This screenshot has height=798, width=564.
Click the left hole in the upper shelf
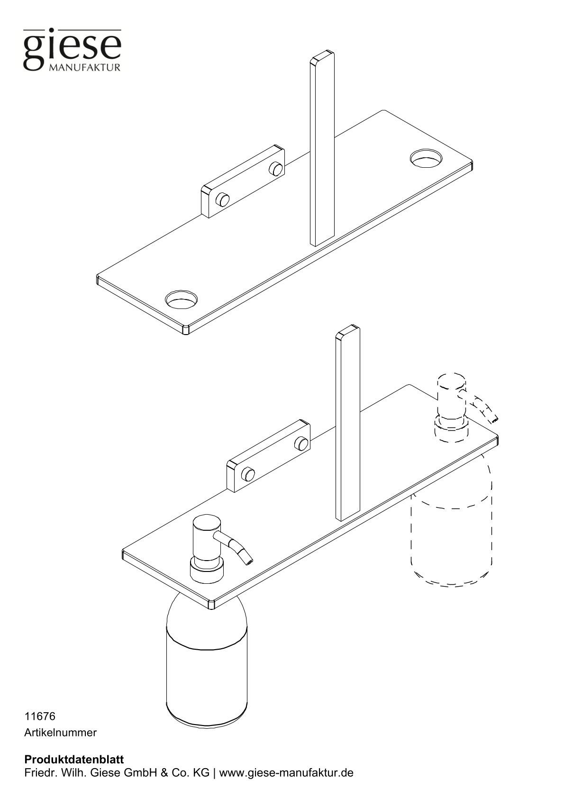coord(181,299)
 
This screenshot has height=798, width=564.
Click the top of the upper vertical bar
coord(322,57)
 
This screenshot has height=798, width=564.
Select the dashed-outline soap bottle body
coord(451,535)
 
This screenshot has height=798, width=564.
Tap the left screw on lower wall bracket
coord(247,474)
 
